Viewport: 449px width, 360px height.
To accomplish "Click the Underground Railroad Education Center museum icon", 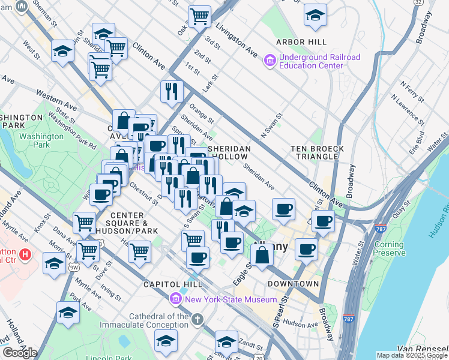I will pos(269,61).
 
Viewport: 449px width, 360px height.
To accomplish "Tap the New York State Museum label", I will pos(231,299).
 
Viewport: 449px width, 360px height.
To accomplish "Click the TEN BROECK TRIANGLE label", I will pos(317,152).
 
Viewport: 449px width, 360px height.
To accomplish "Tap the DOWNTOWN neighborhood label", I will pos(293,283).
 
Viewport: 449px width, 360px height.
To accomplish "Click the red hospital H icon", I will pos(25,254).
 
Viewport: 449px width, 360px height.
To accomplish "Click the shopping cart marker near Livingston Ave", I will pos(199,16).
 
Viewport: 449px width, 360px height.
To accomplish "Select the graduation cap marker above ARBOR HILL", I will pos(315,16).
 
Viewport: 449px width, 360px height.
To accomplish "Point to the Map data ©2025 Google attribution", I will pos(412,355).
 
